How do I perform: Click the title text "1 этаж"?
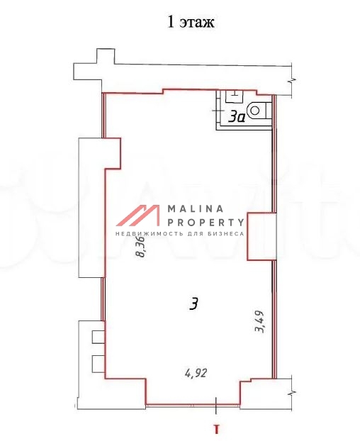(191, 22)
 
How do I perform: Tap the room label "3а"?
(237, 116)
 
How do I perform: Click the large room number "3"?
(194, 303)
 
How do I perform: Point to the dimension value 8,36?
(140, 247)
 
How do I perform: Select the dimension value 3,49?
(259, 321)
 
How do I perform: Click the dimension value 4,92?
(196, 373)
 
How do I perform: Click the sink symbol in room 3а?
(234, 96)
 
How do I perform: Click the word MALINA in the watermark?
(196, 208)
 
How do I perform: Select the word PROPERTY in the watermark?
(206, 223)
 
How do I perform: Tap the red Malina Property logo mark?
(137, 215)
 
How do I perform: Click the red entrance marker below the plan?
(216, 429)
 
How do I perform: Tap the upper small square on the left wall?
(99, 337)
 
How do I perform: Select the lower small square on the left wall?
(99, 364)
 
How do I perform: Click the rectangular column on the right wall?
(262, 237)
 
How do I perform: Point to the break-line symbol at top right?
(292, 81)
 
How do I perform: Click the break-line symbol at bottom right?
(292, 393)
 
